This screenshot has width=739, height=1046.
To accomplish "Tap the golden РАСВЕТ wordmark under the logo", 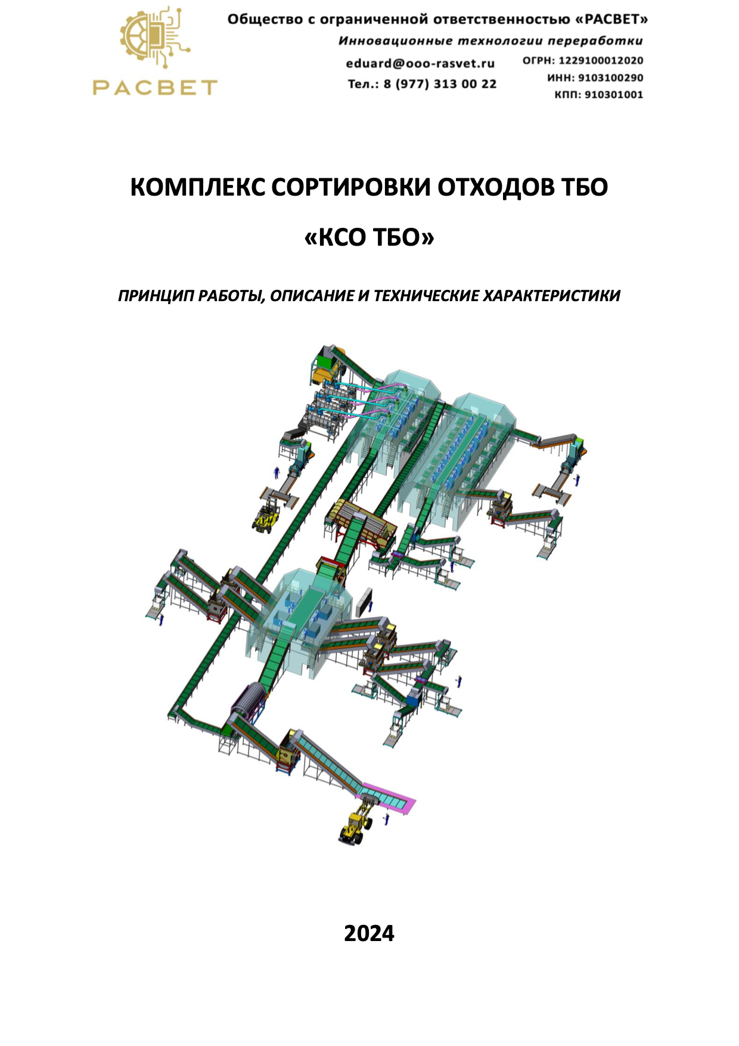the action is (155, 88).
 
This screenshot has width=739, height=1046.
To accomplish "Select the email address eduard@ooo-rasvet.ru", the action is (420, 63).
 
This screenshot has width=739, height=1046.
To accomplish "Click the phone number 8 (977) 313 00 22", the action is (440, 84).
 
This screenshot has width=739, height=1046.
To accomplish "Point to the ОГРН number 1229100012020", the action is (601, 60).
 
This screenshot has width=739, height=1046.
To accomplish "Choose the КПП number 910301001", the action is (614, 94).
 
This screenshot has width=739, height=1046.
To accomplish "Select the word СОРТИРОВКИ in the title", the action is (352, 187).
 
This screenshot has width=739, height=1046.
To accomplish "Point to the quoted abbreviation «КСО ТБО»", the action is (369, 238).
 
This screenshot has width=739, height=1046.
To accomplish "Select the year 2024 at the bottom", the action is (369, 933).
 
